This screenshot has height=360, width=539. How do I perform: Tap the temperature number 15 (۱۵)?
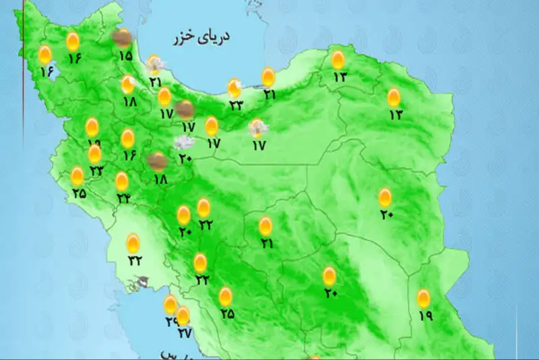point(125,56)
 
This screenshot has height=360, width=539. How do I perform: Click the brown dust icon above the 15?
point(122,38)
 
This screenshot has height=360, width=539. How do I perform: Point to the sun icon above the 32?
point(133,243)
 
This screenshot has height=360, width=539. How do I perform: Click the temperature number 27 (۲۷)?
point(183,332)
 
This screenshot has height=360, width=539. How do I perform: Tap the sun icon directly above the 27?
point(183,315)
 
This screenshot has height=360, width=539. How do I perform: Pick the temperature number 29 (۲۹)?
point(170,322)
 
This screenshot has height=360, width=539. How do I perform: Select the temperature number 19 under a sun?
point(424,314)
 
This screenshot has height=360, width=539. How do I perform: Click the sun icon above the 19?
point(424,297)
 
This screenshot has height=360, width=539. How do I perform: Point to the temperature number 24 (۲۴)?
point(123,198)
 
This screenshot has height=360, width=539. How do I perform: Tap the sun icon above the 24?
point(122,181)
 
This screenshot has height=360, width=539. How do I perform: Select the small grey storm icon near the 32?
point(142,282)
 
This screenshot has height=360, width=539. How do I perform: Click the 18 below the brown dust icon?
point(160,179)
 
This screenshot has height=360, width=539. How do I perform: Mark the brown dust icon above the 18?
point(158,161)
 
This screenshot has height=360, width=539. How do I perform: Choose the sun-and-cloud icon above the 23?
point(234,88)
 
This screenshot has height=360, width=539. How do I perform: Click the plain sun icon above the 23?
point(95,154)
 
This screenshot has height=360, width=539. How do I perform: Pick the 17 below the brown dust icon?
point(187,126)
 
